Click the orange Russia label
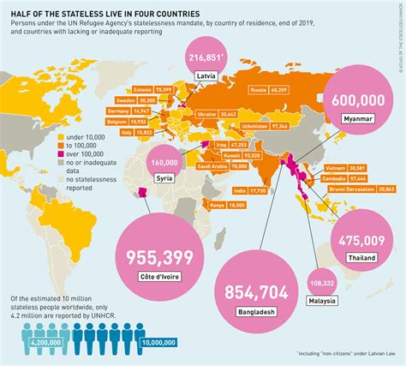256,88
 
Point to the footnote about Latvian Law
340,354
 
